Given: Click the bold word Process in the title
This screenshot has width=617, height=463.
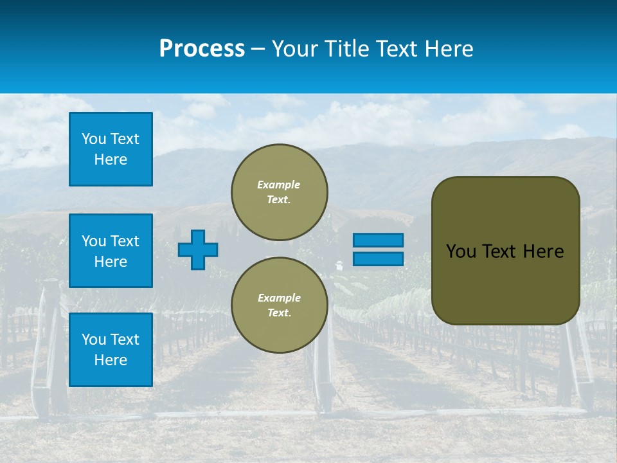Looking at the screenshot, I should [x=202, y=49].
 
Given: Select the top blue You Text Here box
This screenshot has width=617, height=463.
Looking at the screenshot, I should [x=111, y=149].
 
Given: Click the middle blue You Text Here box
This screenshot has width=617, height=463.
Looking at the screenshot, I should [x=111, y=251].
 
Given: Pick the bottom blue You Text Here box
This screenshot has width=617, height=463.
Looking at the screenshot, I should [x=111, y=350].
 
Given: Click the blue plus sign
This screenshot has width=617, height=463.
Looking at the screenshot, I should [x=198, y=250].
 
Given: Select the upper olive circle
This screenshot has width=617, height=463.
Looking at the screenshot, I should [x=279, y=192].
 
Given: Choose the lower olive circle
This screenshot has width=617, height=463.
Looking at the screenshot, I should [x=279, y=305].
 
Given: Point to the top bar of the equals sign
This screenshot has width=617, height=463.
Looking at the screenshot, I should [x=378, y=241].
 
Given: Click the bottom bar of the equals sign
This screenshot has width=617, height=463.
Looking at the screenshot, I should [x=378, y=259].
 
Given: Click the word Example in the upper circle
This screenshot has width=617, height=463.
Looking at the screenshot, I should [x=279, y=185].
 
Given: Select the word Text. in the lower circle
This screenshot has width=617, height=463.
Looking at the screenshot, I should [x=279, y=313].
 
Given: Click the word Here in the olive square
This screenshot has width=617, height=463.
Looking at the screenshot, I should [x=543, y=251].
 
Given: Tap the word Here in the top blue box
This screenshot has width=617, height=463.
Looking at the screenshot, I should [x=111, y=159].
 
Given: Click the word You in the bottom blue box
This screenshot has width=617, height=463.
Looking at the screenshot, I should [x=94, y=340].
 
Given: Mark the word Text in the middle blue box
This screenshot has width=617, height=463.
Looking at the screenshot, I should [x=125, y=241].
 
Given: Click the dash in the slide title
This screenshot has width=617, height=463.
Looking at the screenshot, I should [x=258, y=49].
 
